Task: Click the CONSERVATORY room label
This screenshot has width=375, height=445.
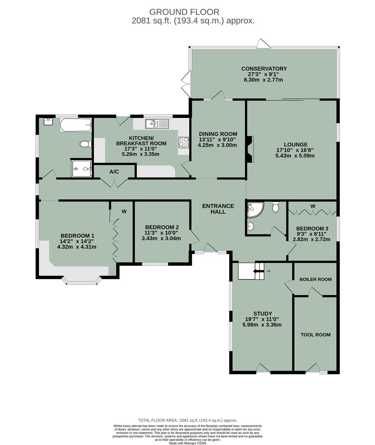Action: [x=264, y=68]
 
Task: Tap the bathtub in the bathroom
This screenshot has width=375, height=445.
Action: [x=75, y=124]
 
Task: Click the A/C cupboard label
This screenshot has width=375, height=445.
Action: [x=114, y=171]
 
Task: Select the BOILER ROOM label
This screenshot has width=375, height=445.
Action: [x=315, y=279]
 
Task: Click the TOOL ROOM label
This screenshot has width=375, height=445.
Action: [x=315, y=335]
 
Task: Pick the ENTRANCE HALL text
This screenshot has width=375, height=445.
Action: [x=218, y=209]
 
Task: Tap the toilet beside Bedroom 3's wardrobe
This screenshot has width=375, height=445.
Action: [x=276, y=206]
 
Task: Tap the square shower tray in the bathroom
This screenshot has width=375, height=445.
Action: [x=82, y=168]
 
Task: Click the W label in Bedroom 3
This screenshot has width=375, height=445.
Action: [x=313, y=206]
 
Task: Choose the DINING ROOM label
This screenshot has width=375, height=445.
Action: [x=218, y=133]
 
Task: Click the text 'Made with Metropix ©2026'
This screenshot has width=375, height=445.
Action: [x=187, y=443]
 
